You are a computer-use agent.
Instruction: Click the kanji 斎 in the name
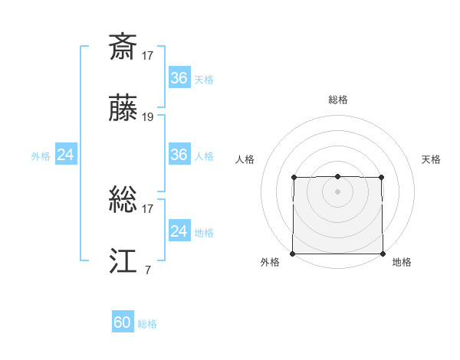pyautogui.click(x=123, y=47)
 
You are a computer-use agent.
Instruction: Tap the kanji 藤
pyautogui.click(x=123, y=109)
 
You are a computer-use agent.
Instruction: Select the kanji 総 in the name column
pyautogui.click(x=123, y=201)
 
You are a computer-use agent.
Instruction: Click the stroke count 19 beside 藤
pyautogui.click(x=148, y=117)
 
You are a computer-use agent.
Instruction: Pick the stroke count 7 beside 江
pyautogui.click(x=147, y=270)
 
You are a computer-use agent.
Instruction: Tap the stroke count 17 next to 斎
pyautogui.click(x=148, y=55)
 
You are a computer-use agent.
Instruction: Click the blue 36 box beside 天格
pyautogui.click(x=179, y=78)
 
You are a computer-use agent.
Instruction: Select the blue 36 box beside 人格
pyautogui.click(x=179, y=155)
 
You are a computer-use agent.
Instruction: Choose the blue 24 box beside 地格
pyautogui.click(x=179, y=231)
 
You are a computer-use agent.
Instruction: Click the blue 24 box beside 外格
pyautogui.click(x=65, y=155)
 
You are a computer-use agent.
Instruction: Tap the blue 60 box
pyautogui.click(x=123, y=322)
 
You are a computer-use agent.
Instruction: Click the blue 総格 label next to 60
pyautogui.click(x=147, y=324)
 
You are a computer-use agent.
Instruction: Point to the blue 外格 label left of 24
pyautogui.click(x=41, y=156)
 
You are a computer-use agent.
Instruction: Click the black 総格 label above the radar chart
pyautogui.click(x=337, y=100)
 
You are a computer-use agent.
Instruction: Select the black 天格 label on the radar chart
pyautogui.click(x=432, y=159)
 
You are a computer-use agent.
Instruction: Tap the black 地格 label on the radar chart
pyautogui.click(x=402, y=262)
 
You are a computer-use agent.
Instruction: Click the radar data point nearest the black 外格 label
pyautogui.click(x=293, y=254)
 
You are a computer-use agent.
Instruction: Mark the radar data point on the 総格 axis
pyautogui.click(x=337, y=177)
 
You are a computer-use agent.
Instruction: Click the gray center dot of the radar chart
pyautogui.click(x=337, y=191)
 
